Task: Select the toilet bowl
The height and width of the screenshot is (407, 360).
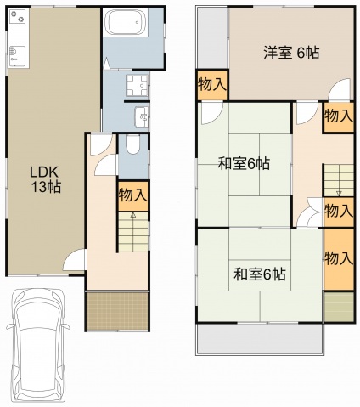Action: (x=132, y=146)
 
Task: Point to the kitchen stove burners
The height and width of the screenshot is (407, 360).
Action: (x=18, y=21)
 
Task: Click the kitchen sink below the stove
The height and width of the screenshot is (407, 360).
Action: (x=16, y=55)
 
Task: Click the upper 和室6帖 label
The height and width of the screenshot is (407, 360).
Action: (x=244, y=164)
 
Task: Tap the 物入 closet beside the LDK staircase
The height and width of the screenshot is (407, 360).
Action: (x=132, y=194)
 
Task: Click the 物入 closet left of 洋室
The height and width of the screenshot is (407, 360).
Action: (x=211, y=84)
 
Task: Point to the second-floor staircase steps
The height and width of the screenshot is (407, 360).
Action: (x=337, y=178)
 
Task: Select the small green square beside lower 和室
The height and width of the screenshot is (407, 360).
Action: (x=337, y=307)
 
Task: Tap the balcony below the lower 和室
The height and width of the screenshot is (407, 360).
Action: (x=259, y=340)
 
